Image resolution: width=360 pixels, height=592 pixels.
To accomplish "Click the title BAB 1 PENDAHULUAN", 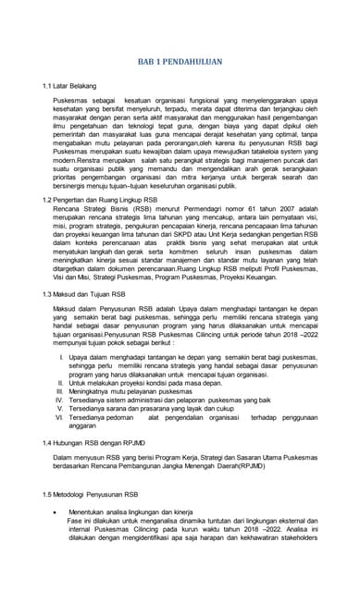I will coord(180,61).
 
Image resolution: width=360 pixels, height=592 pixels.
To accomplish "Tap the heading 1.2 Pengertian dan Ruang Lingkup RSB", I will coord(99,200).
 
